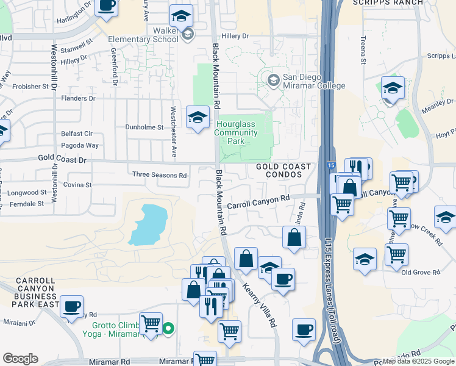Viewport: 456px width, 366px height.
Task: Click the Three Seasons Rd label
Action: tap(160, 175)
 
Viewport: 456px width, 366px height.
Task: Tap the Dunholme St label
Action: tap(144, 127)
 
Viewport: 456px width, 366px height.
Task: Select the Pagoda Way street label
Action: tap(79, 145)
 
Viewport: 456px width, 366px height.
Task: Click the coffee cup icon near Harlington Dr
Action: tap(107, 5)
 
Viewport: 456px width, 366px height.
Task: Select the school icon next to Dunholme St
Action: tap(198, 118)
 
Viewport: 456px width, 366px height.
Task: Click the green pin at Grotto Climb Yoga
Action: tap(169, 329)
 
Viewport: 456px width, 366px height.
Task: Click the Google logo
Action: tap(20, 359)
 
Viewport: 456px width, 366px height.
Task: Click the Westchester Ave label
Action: tap(173, 132)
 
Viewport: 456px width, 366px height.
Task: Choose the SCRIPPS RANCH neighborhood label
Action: tap(388, 2)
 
